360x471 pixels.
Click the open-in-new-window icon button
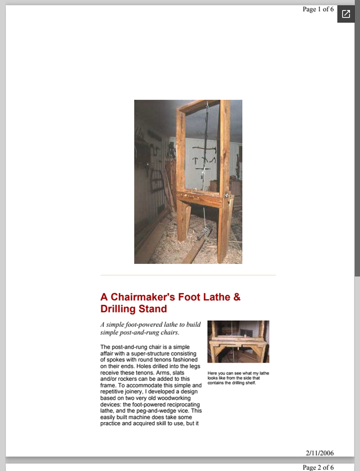coord(346,14)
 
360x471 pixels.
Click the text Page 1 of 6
coord(318,9)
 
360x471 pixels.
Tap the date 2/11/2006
coord(319,453)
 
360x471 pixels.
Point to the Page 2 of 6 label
coord(318,467)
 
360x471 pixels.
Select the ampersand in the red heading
coord(237,297)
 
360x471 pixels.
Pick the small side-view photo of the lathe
coord(238,341)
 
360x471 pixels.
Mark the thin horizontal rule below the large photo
coord(188,275)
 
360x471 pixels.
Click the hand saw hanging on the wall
coord(156,177)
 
